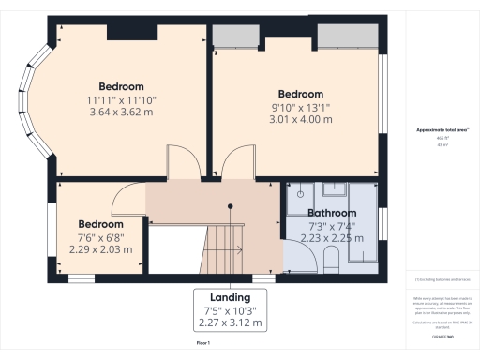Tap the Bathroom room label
[x=332, y=213]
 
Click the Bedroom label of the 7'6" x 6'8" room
[x=100, y=224]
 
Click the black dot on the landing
[x=229, y=205]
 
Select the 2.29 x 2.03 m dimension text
[x=100, y=249]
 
